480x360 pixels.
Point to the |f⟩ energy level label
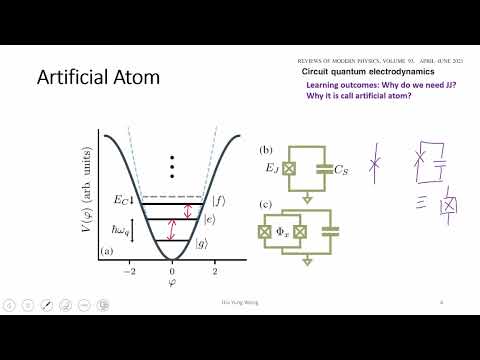pyautogui.click(x=217, y=200)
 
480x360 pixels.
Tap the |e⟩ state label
pyautogui.click(x=210, y=219)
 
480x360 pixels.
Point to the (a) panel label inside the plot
pyautogui.click(x=107, y=254)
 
